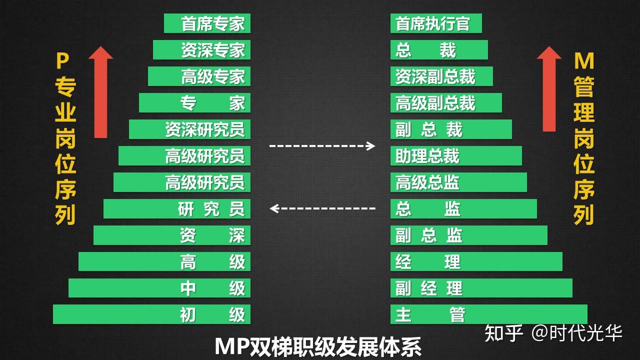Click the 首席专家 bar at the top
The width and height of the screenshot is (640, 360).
[207, 23]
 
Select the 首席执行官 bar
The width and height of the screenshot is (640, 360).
[436, 23]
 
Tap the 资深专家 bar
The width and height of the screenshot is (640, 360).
[201, 50]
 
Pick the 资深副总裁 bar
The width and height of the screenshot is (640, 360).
[441, 76]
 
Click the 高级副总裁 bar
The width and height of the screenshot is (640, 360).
[446, 103]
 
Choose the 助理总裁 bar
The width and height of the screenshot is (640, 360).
[456, 156]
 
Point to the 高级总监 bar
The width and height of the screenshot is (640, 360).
[458, 182]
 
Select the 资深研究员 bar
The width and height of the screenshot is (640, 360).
[189, 129]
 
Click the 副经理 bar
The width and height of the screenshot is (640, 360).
[481, 288]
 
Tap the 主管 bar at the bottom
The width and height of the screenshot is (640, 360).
[488, 314]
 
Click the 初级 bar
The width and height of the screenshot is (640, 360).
[151, 314]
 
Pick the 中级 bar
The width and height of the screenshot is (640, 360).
[159, 288]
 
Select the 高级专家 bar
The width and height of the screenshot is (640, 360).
[199, 76]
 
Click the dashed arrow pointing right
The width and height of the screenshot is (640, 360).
[322, 146]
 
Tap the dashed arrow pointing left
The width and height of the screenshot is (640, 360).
[322, 208]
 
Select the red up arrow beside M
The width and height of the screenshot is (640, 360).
[549, 88]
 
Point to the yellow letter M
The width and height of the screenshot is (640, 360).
[583, 61]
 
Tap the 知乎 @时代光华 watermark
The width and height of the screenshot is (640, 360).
[553, 333]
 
